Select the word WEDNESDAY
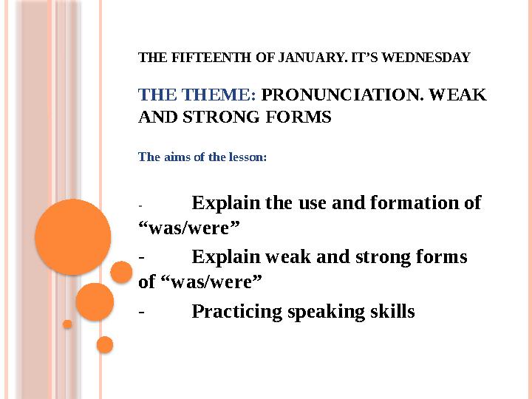pos(426,58)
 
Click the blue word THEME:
pos(219,95)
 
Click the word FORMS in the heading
pos(299,117)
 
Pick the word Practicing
pos(237,312)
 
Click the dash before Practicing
pos(142,312)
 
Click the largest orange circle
pos(73,237)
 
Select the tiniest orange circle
pos(67,324)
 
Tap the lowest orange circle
pos(105,345)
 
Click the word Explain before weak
pos(225,257)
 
